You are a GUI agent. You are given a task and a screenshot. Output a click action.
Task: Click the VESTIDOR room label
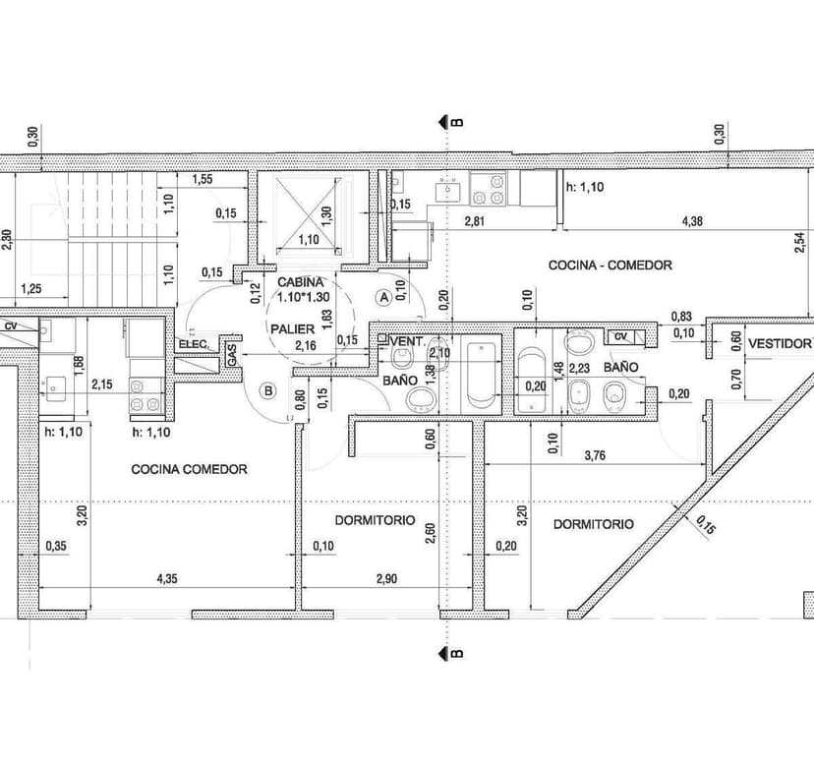tap(780, 343)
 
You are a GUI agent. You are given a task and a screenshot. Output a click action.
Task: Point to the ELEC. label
tap(192, 344)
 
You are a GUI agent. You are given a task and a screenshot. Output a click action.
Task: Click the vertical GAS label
tap(232, 355)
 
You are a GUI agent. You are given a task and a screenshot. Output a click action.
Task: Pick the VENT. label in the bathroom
tap(407, 341)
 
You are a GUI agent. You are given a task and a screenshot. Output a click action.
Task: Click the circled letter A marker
tap(384, 295)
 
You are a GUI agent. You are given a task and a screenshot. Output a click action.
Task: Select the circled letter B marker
tap(267, 390)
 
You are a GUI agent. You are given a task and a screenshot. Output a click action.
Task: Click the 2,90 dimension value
tap(385, 579)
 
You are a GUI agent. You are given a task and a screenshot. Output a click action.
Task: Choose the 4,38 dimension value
tap(692, 221)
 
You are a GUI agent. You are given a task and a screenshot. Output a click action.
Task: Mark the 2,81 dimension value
tap(476, 221)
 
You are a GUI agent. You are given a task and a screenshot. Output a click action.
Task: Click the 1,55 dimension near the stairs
tap(203, 179)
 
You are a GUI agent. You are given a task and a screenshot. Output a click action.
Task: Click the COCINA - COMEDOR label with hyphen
tap(610, 265)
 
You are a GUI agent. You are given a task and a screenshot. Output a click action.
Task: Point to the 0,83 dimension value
tap(682, 317)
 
